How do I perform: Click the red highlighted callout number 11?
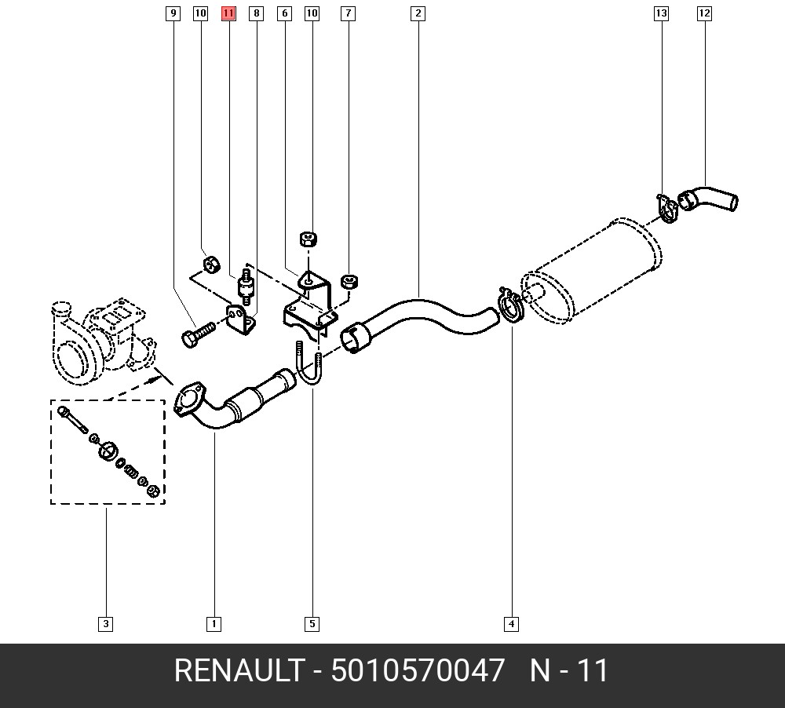228,13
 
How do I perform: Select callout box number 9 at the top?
173,13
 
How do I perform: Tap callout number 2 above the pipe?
418,13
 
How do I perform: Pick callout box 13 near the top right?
661,13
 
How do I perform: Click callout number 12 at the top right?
704,13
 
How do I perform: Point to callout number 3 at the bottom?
106,624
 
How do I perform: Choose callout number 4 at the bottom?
511,624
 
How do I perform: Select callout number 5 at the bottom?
312,624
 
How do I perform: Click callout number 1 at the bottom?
214,624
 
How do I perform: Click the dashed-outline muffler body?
591,270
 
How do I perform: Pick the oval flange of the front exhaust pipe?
189,399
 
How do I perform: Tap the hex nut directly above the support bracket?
309,239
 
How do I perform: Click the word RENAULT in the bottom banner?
239,670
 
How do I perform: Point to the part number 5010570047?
417,670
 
